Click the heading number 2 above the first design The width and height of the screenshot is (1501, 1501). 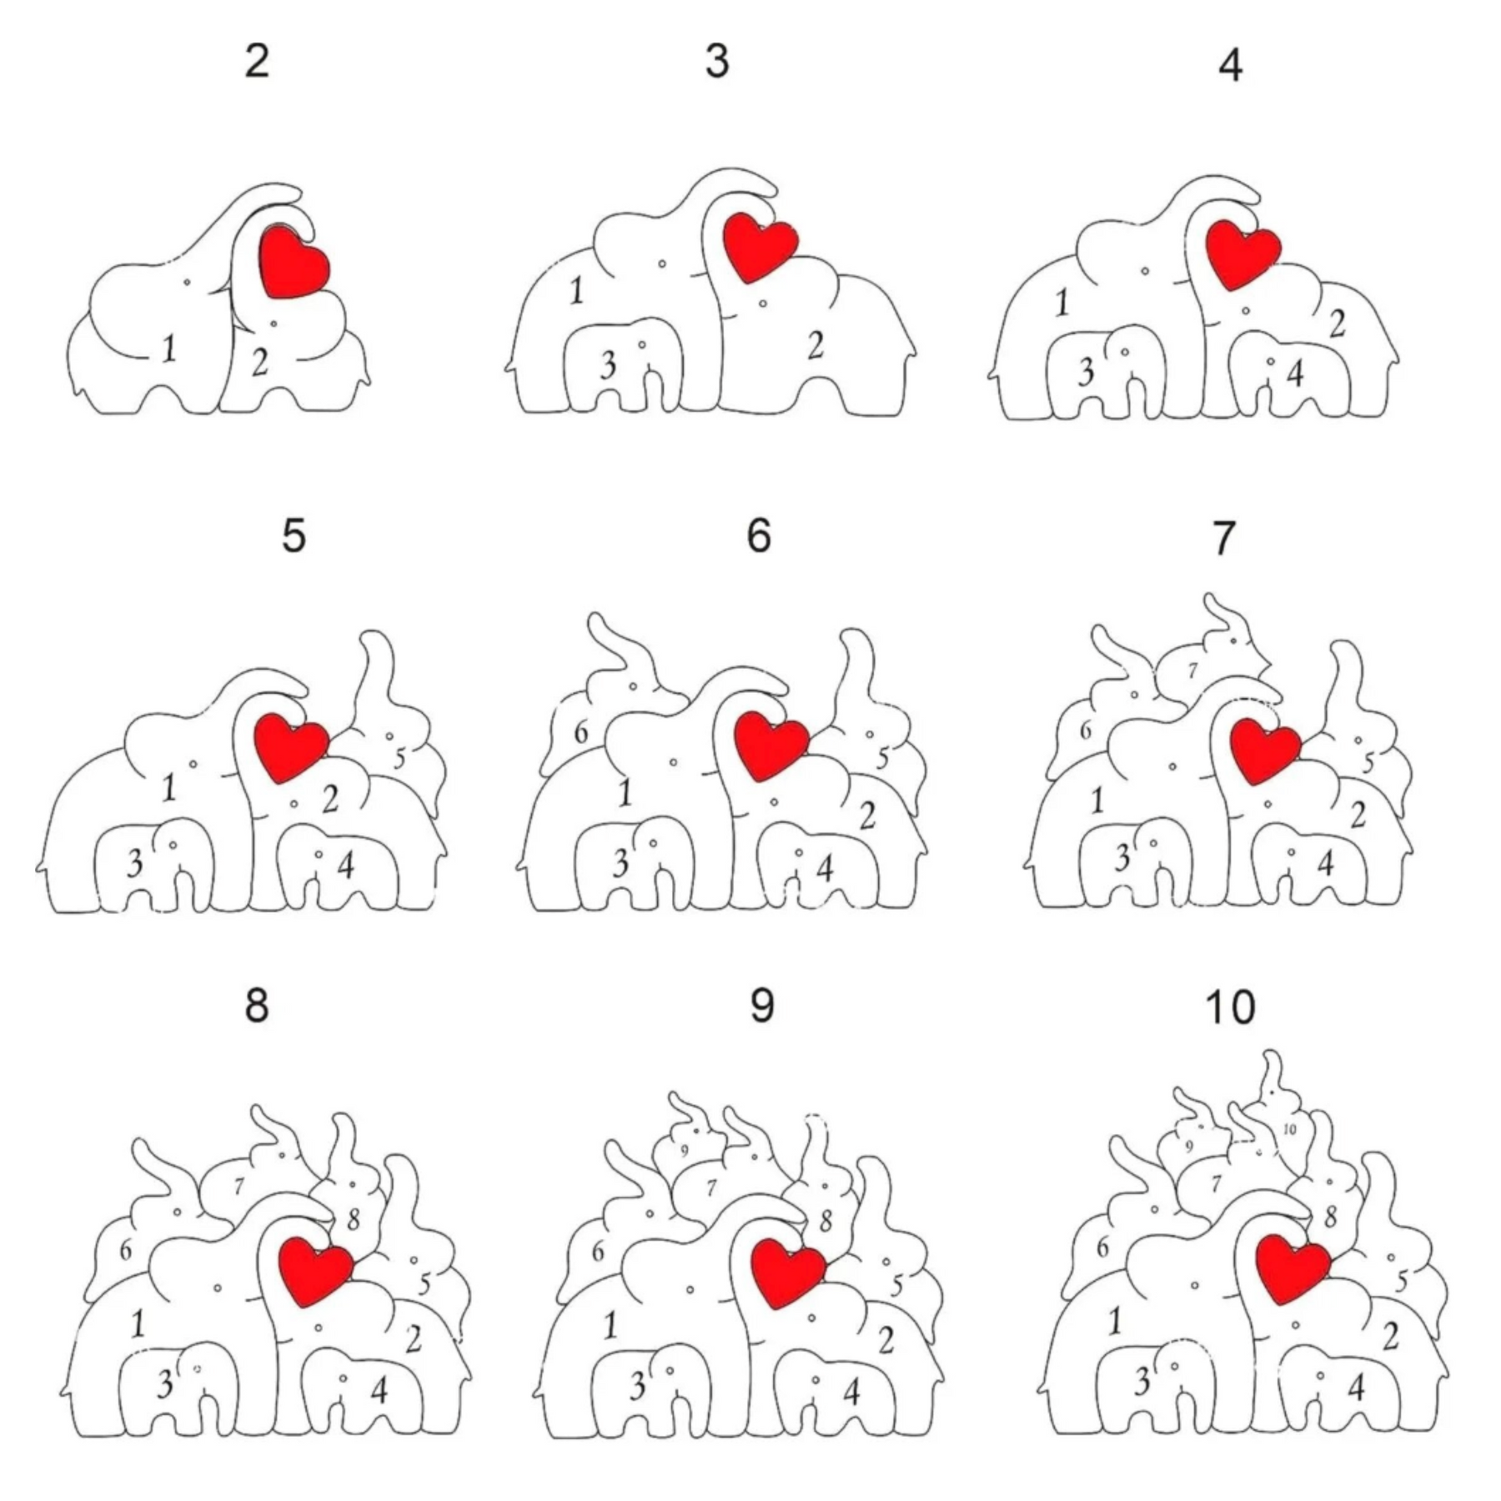pyautogui.click(x=258, y=61)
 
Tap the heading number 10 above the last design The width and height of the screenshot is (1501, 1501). pyautogui.click(x=1230, y=1007)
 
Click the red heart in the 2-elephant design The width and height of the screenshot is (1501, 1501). pyautogui.click(x=294, y=260)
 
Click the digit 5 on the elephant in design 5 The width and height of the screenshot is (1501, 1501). pyautogui.click(x=399, y=759)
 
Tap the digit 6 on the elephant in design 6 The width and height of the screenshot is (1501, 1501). pyautogui.click(x=581, y=733)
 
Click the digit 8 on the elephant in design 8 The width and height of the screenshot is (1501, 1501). pyautogui.click(x=353, y=1220)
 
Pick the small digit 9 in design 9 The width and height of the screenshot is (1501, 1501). pyautogui.click(x=684, y=1152)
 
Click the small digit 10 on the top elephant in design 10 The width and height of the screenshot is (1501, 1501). pyautogui.click(x=1289, y=1129)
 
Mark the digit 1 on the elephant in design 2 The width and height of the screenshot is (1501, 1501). pyautogui.click(x=169, y=348)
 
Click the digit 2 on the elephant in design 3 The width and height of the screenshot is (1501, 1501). pyautogui.click(x=816, y=345)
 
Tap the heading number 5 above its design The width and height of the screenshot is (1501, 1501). pyautogui.click(x=294, y=535)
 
